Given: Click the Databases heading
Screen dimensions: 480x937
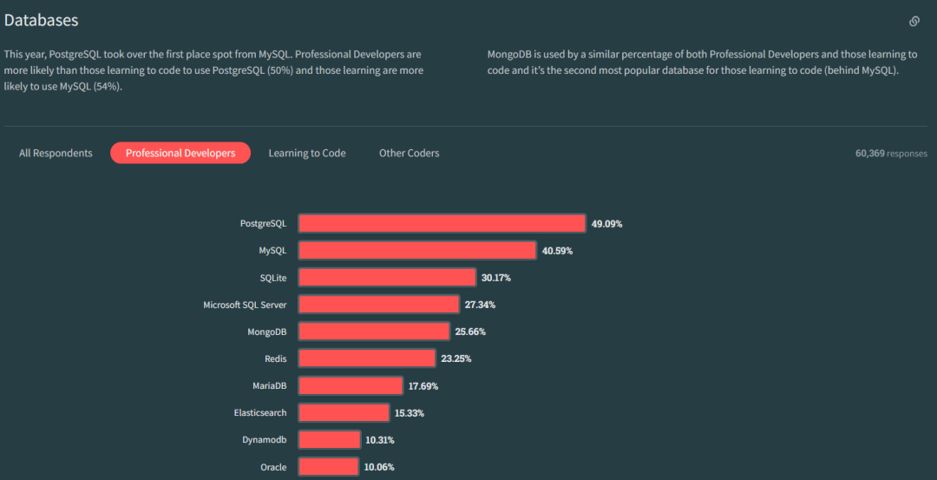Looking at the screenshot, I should coord(41,19).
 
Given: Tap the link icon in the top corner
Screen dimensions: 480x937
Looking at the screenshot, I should coord(914,21).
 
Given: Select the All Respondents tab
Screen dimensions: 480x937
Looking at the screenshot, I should coord(56,153).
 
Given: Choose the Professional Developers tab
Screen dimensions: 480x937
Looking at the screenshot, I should coord(180,153).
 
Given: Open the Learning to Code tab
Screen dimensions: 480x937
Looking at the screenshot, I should coord(307,153).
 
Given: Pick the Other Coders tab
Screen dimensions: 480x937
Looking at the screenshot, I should coord(409,153).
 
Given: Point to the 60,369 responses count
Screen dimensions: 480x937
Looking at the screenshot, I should coord(891,153).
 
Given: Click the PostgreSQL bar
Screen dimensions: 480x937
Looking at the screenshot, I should coord(442,223).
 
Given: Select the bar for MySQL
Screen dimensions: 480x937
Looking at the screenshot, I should coord(417,250).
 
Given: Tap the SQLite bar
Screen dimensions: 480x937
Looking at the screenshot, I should coord(387,277).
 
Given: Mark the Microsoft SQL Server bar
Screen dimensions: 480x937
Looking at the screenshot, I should coord(379,304).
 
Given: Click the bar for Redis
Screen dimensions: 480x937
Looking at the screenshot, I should coord(367,358).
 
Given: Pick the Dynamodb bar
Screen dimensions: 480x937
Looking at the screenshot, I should coord(329,439).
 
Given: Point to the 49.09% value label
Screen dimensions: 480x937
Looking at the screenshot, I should coord(606,223).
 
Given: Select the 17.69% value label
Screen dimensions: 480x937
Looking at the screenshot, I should coord(424,385).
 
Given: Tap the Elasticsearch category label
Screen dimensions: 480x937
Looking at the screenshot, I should coord(260,412).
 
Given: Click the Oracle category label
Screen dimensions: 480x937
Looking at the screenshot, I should coord(273,467).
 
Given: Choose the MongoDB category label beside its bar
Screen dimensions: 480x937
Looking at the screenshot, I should coord(267,331).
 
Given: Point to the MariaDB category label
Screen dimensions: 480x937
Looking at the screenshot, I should coord(269,385).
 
